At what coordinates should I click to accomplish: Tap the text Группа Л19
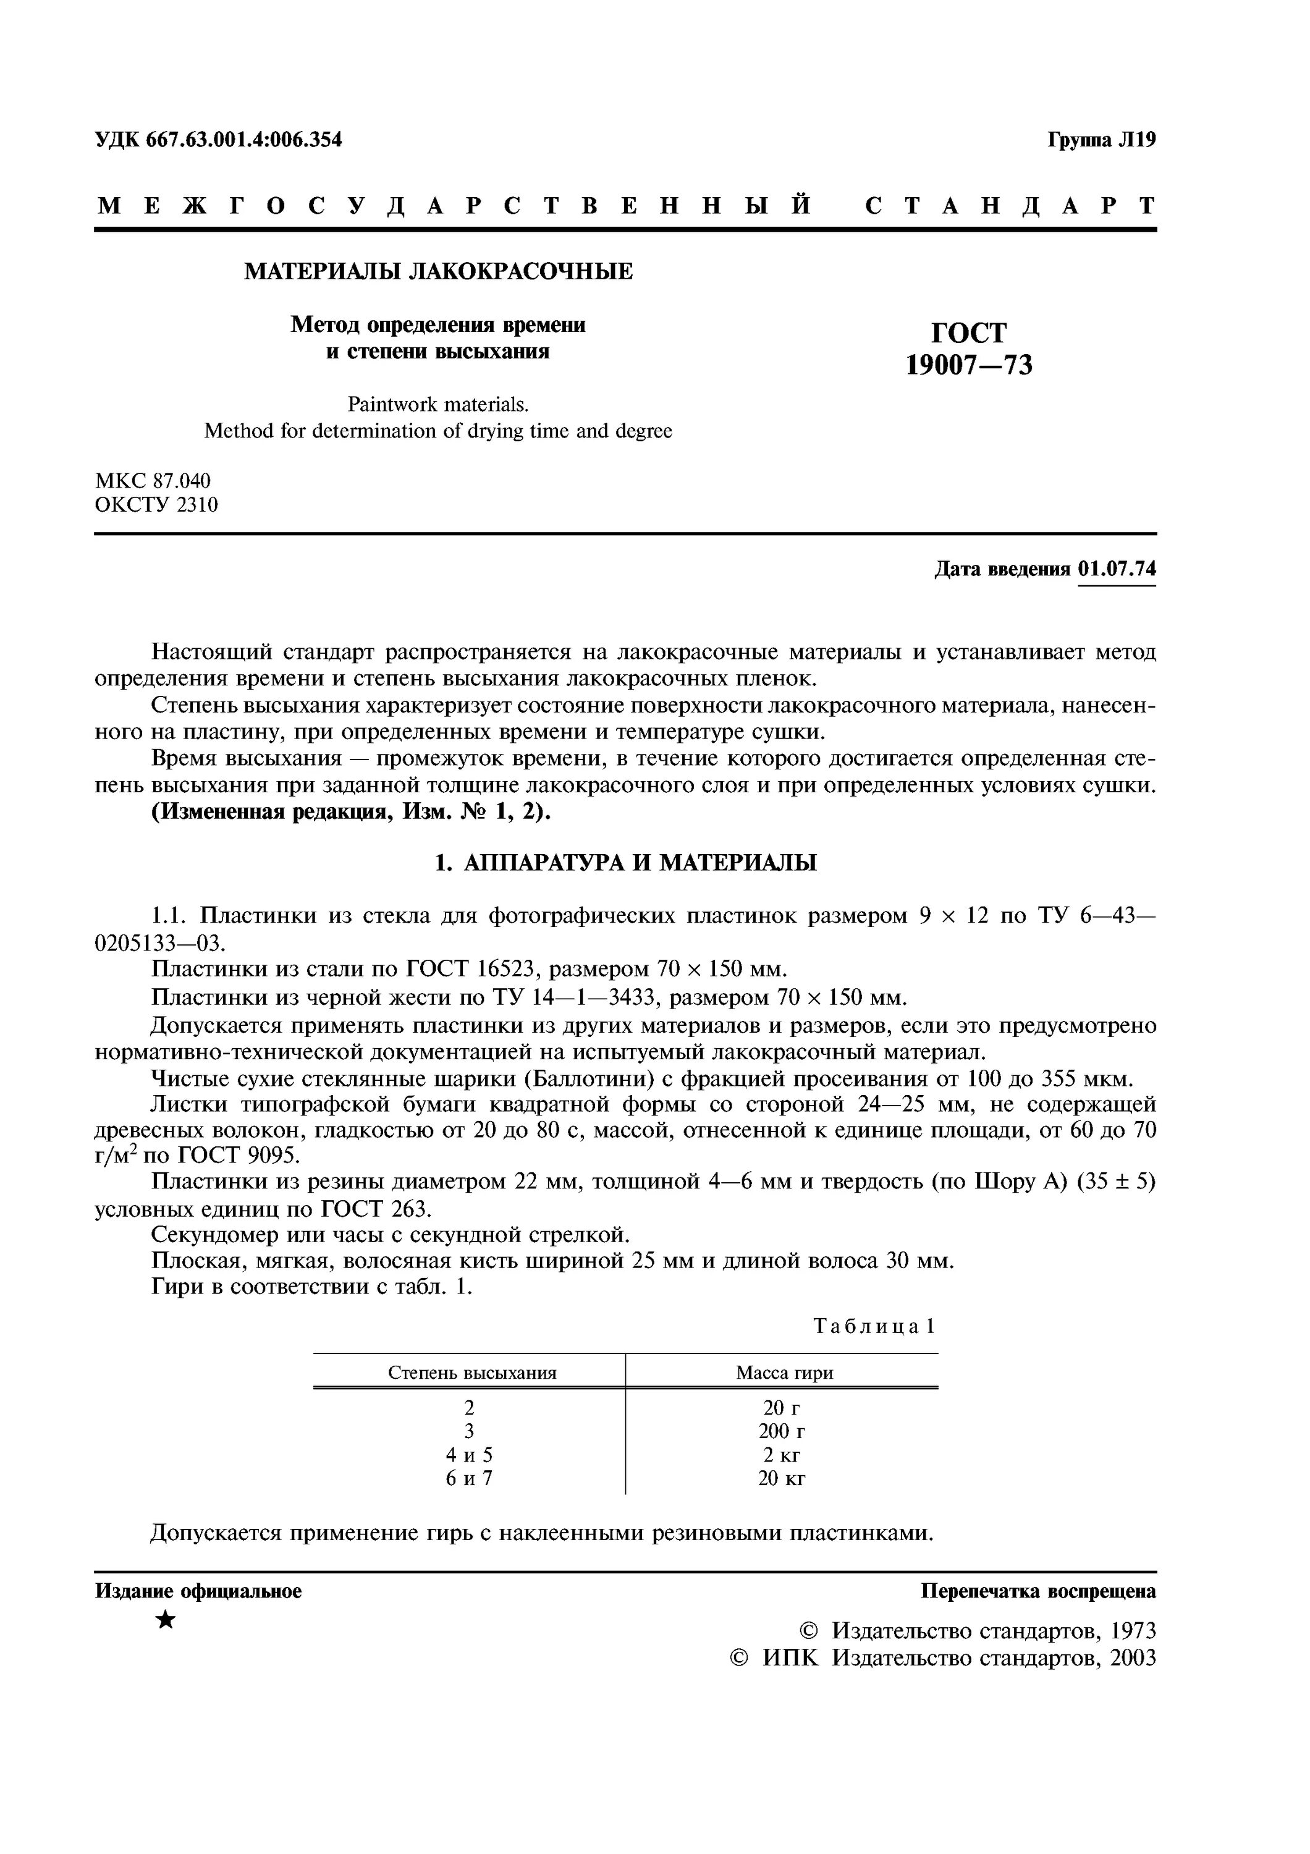pyautogui.click(x=1102, y=140)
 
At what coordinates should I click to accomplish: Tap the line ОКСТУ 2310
pyautogui.click(x=156, y=506)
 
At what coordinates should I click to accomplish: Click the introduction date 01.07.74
pyautogui.click(x=1117, y=569)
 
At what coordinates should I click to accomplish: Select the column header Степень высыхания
pyautogui.click(x=472, y=1373)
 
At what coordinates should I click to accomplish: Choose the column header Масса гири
pyautogui.click(x=784, y=1373)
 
